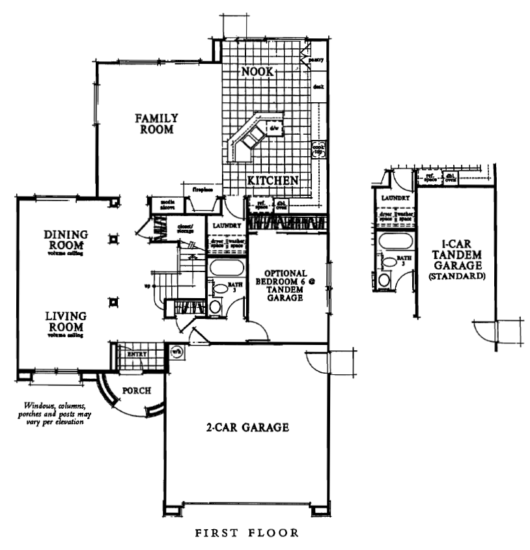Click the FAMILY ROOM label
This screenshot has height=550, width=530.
point(157,124)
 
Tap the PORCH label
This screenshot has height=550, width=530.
point(136,391)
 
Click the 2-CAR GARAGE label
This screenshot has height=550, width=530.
point(247,428)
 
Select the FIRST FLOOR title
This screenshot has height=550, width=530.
point(247,532)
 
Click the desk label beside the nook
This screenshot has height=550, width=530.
point(318,86)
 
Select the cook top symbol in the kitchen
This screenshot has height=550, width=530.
point(318,149)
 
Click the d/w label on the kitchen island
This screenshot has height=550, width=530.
point(273,129)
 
